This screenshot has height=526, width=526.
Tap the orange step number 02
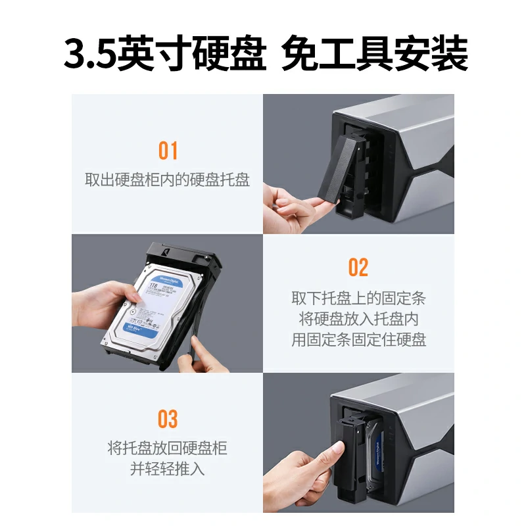point(358,268)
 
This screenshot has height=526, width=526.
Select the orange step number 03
point(168,419)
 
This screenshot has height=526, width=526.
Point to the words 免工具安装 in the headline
point(374,55)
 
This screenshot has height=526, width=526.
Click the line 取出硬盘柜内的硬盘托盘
point(168,180)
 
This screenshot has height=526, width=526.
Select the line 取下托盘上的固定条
point(358,298)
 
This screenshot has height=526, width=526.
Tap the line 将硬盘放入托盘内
point(358,319)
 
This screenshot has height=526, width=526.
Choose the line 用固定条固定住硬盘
point(358,340)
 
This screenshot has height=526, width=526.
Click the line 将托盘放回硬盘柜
point(168,449)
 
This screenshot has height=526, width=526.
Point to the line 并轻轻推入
point(168,470)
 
